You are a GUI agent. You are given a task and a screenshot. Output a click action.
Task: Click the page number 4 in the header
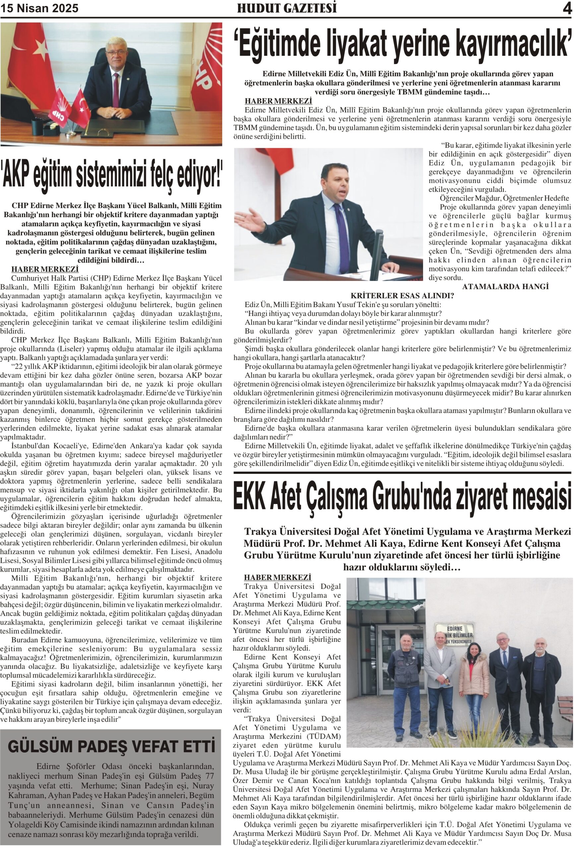point(567,8)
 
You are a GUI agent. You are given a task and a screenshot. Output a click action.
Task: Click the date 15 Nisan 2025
point(39,8)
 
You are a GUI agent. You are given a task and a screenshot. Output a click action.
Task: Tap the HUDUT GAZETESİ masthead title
point(287,8)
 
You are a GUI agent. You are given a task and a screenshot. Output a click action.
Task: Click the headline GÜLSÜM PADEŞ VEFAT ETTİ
point(111,746)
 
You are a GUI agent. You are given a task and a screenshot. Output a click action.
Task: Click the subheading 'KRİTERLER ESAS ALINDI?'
point(402,295)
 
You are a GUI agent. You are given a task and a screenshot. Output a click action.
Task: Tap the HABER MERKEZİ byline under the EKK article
point(278,577)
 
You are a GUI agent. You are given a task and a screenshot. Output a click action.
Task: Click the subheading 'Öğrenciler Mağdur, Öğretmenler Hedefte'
point(504,198)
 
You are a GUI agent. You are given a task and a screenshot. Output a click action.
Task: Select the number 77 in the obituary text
point(209,776)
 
